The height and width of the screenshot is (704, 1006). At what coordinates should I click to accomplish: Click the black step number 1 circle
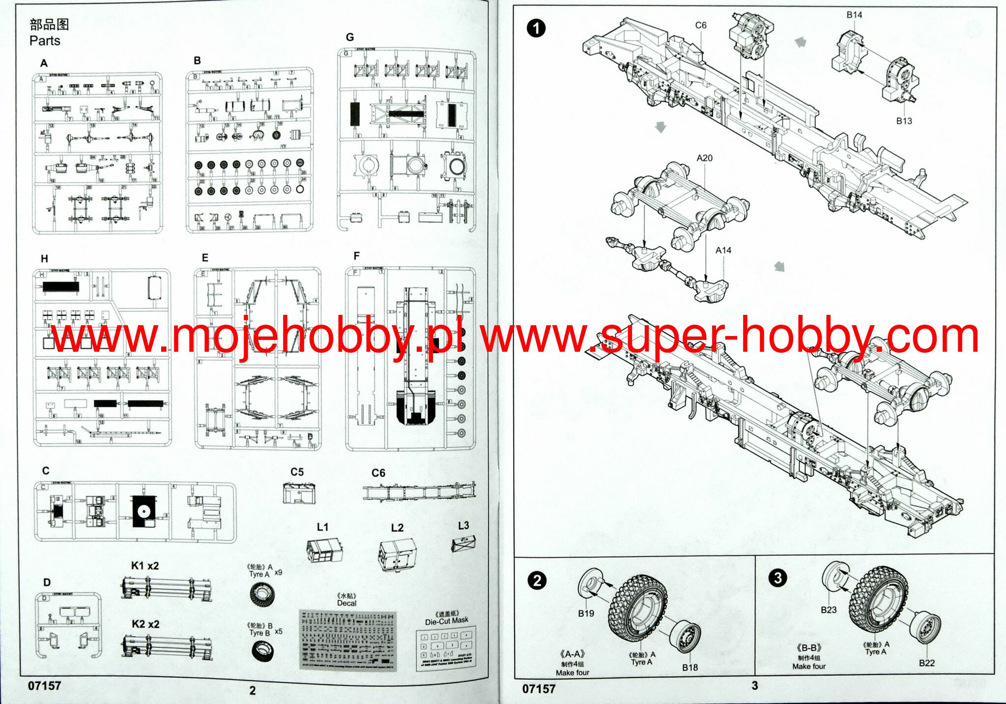click(x=536, y=28)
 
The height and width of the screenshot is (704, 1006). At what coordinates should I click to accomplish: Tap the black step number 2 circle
click(x=537, y=581)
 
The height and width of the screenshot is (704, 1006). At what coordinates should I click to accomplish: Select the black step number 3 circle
click(x=777, y=577)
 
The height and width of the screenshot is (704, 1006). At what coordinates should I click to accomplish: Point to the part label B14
click(x=854, y=15)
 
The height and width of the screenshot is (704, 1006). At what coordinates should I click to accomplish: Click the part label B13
click(x=904, y=121)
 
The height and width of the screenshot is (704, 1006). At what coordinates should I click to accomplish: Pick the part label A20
click(x=704, y=158)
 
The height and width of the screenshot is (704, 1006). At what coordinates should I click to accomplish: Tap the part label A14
click(x=723, y=250)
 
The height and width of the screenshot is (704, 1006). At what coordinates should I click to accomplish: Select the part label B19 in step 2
click(x=586, y=613)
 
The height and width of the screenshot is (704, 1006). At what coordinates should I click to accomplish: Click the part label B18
click(x=690, y=667)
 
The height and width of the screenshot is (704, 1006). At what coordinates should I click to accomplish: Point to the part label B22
click(x=926, y=663)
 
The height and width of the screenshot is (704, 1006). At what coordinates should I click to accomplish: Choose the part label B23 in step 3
click(x=828, y=610)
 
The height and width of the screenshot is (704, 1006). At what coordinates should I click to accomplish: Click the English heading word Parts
click(x=45, y=41)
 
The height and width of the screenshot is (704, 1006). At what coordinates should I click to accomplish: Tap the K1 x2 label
click(x=145, y=565)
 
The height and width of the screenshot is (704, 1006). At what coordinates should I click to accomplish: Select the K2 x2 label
click(x=145, y=624)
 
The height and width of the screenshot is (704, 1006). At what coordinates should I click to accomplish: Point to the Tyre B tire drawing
click(x=262, y=651)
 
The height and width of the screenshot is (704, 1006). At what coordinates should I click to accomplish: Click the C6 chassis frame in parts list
click(x=419, y=491)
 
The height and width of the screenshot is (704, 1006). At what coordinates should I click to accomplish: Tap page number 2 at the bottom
click(x=253, y=690)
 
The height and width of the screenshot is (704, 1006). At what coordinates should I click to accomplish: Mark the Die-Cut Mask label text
click(x=447, y=621)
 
